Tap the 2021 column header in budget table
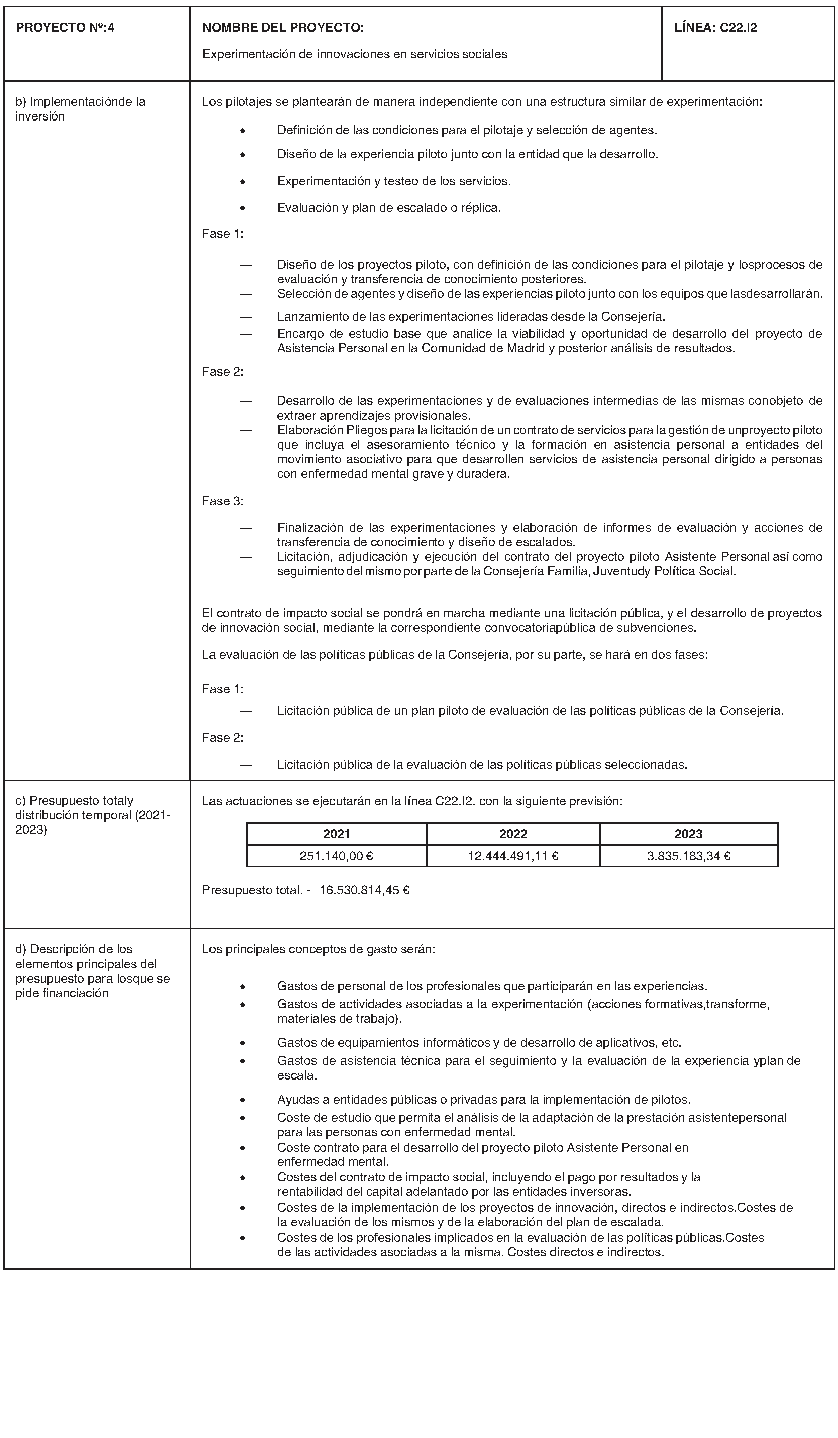[336, 833]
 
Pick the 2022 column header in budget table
[512, 833]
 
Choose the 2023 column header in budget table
[688, 833]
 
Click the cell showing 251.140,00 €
[336, 856]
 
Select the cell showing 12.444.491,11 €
[512, 856]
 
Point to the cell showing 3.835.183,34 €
[688, 856]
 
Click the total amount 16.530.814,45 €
[364, 890]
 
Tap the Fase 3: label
[223, 501]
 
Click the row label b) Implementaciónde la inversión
[80, 109]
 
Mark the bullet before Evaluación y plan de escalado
[243, 208]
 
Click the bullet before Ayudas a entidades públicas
[243, 1100]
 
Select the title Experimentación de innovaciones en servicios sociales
[355, 54]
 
